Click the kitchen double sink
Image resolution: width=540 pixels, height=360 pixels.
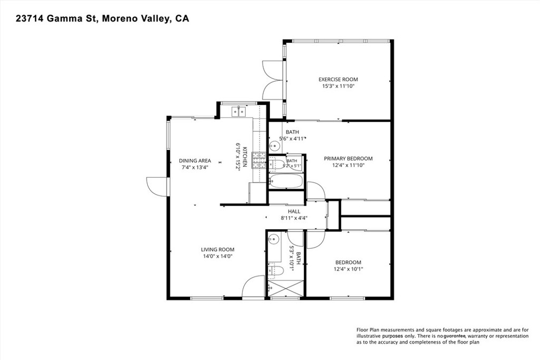click(238, 112)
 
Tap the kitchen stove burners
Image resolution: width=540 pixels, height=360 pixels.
click(259, 161)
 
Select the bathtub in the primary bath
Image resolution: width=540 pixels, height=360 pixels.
click(285, 181)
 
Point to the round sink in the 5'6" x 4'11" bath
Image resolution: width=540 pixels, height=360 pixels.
click(274, 147)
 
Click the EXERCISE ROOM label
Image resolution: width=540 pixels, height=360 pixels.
click(338, 80)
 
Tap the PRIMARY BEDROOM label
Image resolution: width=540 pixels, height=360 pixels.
click(348, 159)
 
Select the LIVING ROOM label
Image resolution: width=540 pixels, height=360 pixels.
click(218, 249)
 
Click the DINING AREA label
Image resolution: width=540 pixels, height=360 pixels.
click(195, 161)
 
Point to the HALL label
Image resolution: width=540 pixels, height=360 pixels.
click(294, 211)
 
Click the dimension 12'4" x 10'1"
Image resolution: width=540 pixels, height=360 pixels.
click(348, 269)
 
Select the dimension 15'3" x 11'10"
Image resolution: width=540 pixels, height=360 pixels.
click(338, 86)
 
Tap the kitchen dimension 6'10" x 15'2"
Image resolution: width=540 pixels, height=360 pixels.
click(238, 157)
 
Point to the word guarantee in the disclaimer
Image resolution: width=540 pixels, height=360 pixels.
click(455, 336)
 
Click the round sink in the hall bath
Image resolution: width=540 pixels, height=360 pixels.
click(274, 239)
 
